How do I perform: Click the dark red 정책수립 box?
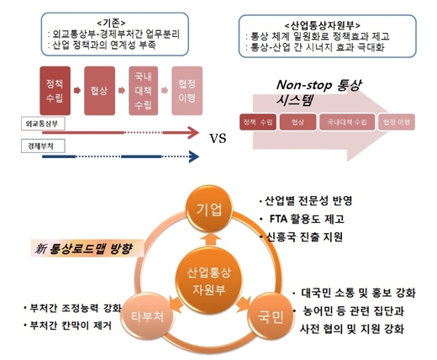(51, 86)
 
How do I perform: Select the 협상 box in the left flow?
(100, 87)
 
